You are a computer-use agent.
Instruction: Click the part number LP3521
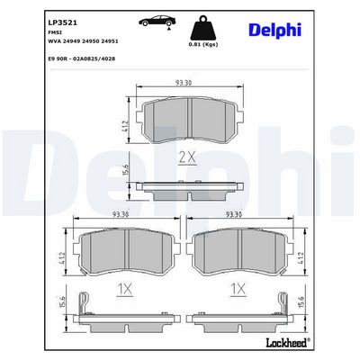click(x=63, y=22)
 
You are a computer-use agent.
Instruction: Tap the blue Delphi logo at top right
click(x=274, y=31)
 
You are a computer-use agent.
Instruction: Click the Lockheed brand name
click(x=286, y=342)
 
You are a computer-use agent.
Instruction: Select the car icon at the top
click(x=157, y=21)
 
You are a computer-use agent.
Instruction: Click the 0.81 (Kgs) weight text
click(x=203, y=44)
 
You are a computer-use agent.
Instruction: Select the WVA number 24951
click(x=109, y=41)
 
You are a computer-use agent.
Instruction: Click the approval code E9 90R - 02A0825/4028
click(x=82, y=59)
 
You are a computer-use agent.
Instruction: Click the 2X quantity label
click(x=187, y=157)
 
